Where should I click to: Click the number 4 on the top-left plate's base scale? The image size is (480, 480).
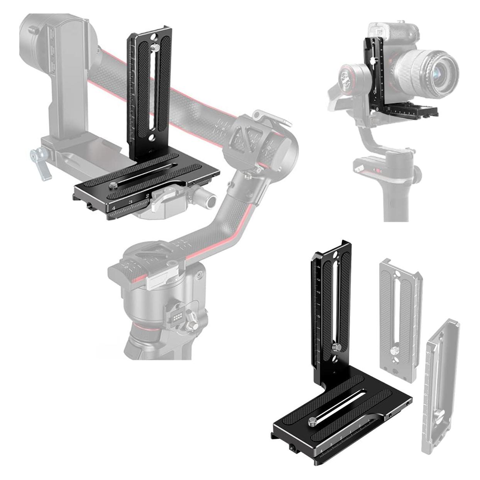coord(113,208)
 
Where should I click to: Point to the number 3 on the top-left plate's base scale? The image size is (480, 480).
coord(131,202)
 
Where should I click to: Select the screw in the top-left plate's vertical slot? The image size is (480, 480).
coord(155,47)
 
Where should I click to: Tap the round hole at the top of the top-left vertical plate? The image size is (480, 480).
coord(154,38)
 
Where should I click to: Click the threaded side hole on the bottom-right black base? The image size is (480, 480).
coord(291,449)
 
